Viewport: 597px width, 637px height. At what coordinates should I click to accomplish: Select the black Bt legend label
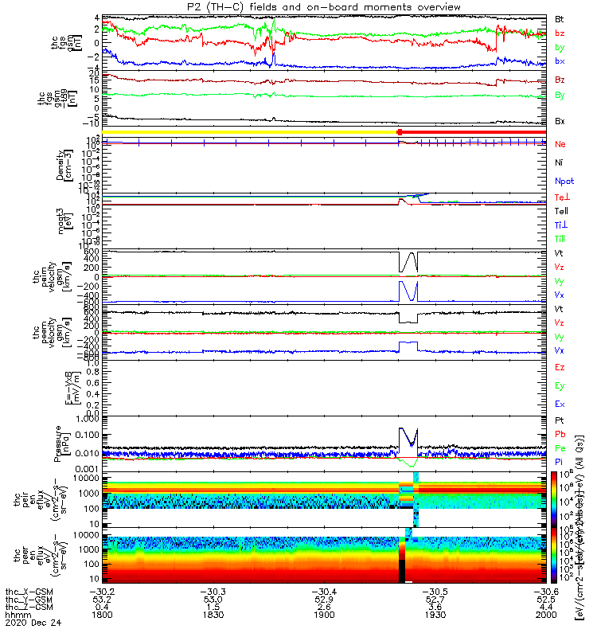(x=560, y=18)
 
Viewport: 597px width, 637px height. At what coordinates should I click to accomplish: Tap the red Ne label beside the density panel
(x=560, y=144)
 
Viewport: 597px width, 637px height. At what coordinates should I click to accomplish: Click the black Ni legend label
(x=559, y=162)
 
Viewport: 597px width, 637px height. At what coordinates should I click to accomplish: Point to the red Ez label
(x=559, y=368)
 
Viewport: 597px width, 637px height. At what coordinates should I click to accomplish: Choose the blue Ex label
(x=559, y=404)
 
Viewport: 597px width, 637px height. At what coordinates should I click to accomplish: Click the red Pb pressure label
(x=560, y=433)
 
